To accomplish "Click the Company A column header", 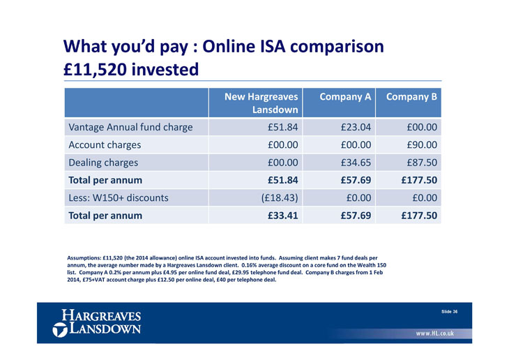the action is click(345, 97).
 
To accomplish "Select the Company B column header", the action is click(411, 97).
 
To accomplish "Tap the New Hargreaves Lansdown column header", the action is click(261, 103).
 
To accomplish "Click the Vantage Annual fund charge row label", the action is click(130, 127).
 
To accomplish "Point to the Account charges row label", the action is click(105, 145).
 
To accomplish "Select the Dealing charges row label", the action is click(103, 163).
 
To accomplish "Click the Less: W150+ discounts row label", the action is click(118, 198).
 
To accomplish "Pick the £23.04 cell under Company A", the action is click(356, 127).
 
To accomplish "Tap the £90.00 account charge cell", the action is click(422, 145).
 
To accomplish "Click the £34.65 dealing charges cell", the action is click(356, 163).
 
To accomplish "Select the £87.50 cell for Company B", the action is click(422, 163).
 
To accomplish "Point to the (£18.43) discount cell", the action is click(280, 198).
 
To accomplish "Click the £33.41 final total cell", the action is click(283, 216).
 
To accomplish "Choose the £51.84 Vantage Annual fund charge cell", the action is click(283, 127).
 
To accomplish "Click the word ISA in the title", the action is click(273, 46).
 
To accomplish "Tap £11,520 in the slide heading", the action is click(95, 70).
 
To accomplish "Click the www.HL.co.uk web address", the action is click(434, 333).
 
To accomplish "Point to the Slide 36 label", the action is click(449, 312).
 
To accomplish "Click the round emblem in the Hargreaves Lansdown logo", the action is click(60, 330).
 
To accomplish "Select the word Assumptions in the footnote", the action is click(84, 258).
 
